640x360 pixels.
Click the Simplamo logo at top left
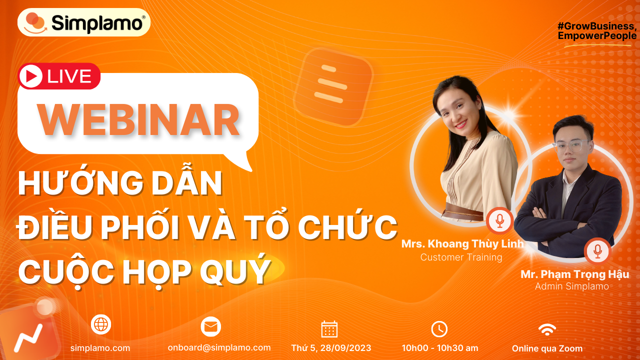coord(84,22)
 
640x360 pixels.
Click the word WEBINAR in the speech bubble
coord(139,120)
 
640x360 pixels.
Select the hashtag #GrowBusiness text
coord(597,26)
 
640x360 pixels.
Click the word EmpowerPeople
coord(597,36)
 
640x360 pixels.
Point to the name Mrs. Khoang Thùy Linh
coord(462,244)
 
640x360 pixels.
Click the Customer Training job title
coord(461,257)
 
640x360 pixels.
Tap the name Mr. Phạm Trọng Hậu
coord(574,274)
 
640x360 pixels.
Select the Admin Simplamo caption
coord(571,286)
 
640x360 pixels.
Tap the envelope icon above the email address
coord(210,327)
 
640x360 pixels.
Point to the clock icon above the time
coord(439,329)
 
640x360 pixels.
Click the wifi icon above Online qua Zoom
coord(547,329)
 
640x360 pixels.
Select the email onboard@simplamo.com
coord(219,347)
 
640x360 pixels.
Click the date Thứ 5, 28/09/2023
coord(331,348)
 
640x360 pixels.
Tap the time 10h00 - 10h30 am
coord(440,348)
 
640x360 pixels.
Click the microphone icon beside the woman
coord(499,220)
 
